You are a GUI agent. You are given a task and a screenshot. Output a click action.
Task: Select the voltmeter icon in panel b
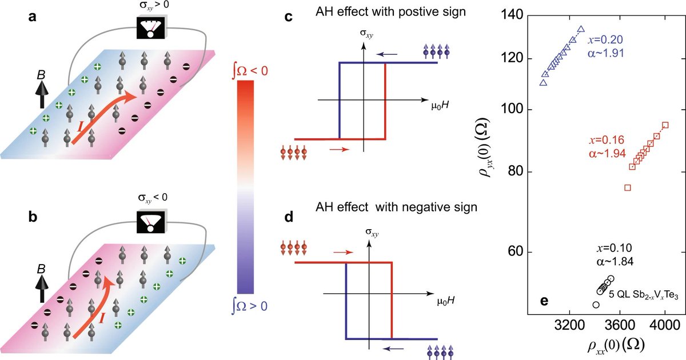pos(150,218)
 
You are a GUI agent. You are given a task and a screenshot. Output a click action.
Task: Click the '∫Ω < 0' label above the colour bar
pos(245,70)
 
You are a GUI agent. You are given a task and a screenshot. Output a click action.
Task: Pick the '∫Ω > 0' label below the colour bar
pos(246,306)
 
